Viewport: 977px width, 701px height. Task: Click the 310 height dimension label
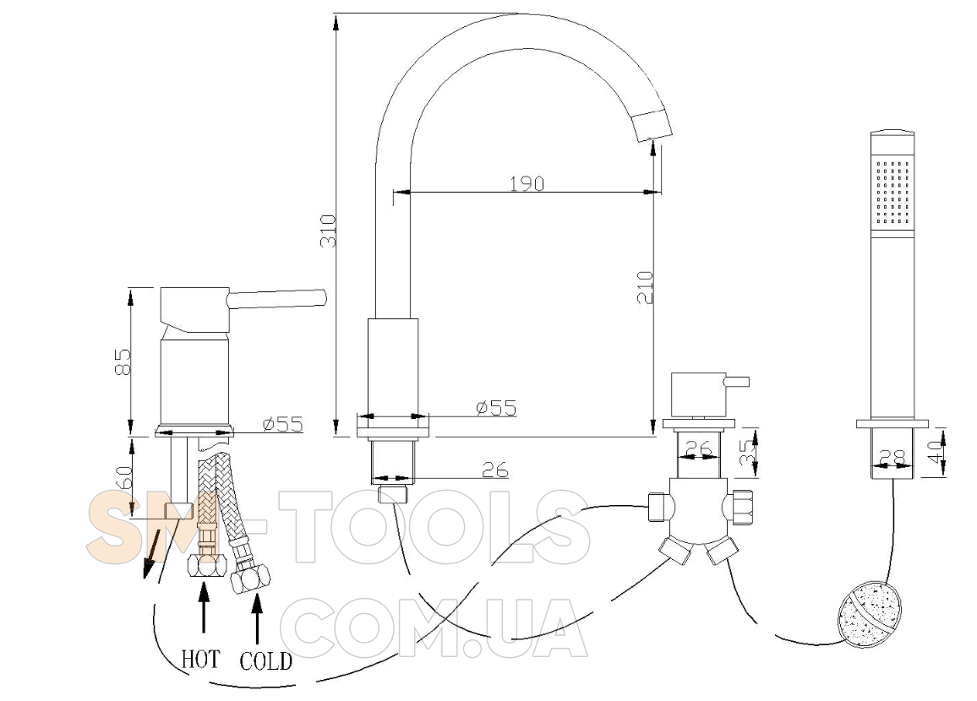click(x=329, y=231)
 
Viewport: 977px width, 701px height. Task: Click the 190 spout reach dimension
click(x=527, y=183)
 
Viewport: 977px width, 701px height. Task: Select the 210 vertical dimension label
click(x=645, y=287)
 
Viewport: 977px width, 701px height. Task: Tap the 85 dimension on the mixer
click(x=123, y=361)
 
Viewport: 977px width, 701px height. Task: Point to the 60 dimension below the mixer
click(x=123, y=477)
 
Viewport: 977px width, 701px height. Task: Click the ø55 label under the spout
click(x=496, y=408)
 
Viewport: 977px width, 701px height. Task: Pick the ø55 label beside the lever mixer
click(x=282, y=424)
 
